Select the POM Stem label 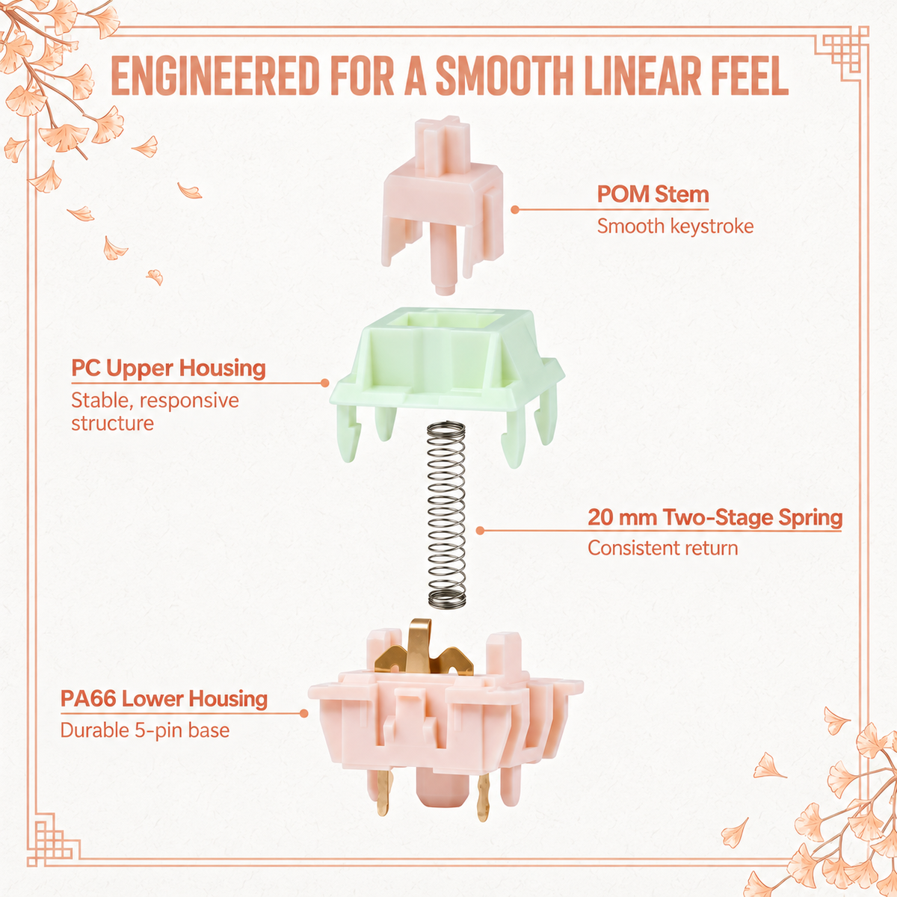[x=653, y=194]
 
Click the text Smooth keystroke [x=675, y=226]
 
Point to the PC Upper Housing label [x=168, y=369]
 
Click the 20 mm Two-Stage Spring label [x=715, y=517]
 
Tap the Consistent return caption [x=662, y=549]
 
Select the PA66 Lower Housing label [x=164, y=699]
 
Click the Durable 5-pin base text [x=145, y=730]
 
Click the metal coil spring [x=447, y=514]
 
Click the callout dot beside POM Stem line [x=514, y=210]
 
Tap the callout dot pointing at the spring [x=481, y=531]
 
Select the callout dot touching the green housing [x=325, y=383]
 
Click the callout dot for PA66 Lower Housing [x=304, y=714]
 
